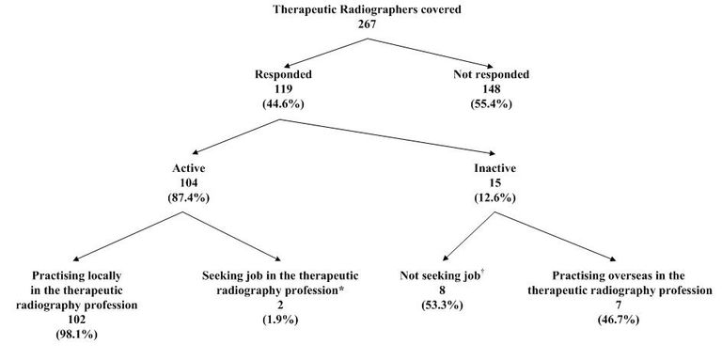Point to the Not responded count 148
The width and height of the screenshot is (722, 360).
(489, 89)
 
